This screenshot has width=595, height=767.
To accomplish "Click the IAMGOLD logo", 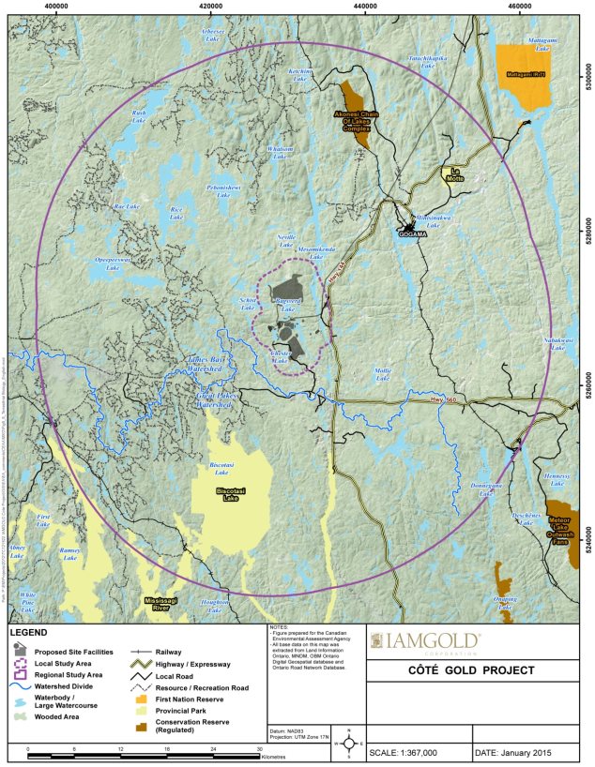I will point(428,642).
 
